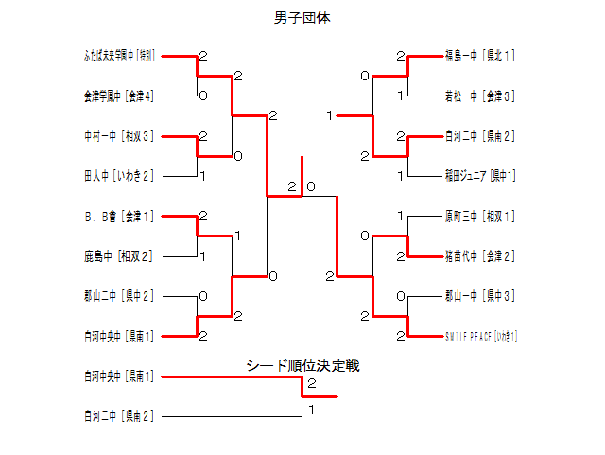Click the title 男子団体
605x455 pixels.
[x=302, y=17]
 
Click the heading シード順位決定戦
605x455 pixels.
[x=302, y=365]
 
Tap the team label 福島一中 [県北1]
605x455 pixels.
[x=480, y=55]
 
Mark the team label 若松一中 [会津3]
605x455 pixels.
[x=480, y=96]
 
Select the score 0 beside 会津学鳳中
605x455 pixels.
[x=203, y=96]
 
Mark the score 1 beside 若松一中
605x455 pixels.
[x=401, y=96]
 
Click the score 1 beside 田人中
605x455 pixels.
[x=203, y=176]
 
